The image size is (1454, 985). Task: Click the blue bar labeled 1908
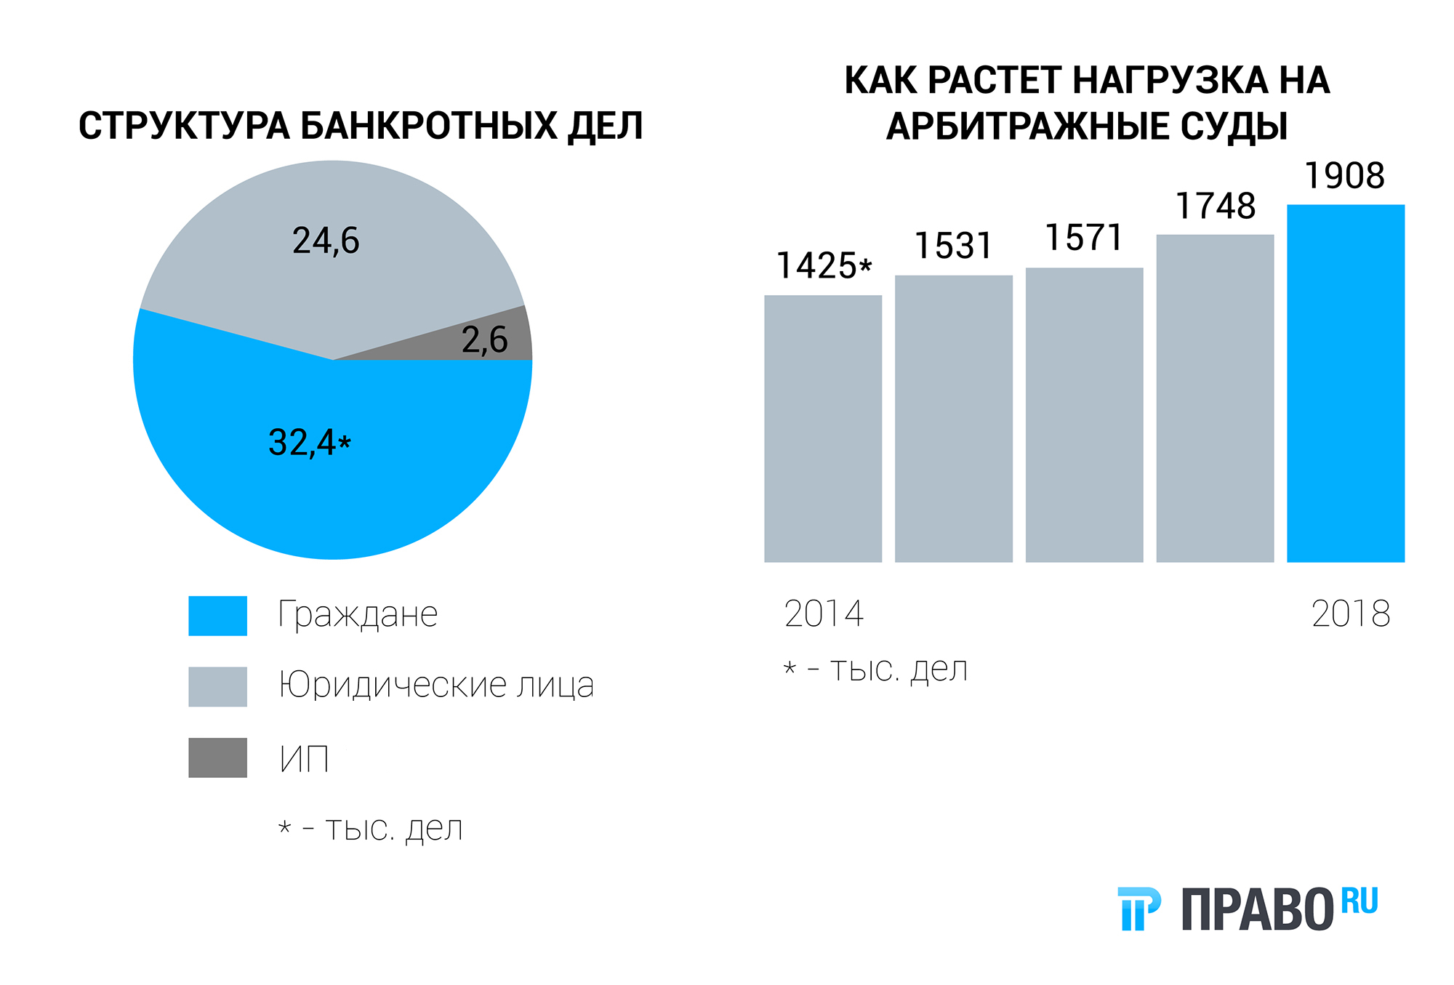point(1346,383)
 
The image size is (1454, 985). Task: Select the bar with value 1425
point(823,428)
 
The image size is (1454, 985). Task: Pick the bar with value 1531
point(954,418)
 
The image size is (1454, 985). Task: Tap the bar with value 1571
point(1084,414)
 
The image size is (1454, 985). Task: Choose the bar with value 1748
point(1215,398)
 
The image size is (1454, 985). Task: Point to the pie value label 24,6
point(326,241)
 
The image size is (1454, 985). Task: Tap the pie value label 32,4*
point(310,443)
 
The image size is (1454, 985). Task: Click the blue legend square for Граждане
point(217,616)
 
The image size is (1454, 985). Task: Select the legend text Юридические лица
point(436,686)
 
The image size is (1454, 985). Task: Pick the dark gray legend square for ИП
point(217,757)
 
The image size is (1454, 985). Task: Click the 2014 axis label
point(824,614)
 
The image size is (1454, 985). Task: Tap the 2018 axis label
point(1351,614)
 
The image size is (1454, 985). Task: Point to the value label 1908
point(1345,176)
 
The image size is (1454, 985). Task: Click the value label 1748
point(1216,206)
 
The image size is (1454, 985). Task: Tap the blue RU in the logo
point(1359,901)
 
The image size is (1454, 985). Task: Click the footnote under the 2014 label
point(875,670)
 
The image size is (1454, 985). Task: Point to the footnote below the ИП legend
point(371,829)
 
